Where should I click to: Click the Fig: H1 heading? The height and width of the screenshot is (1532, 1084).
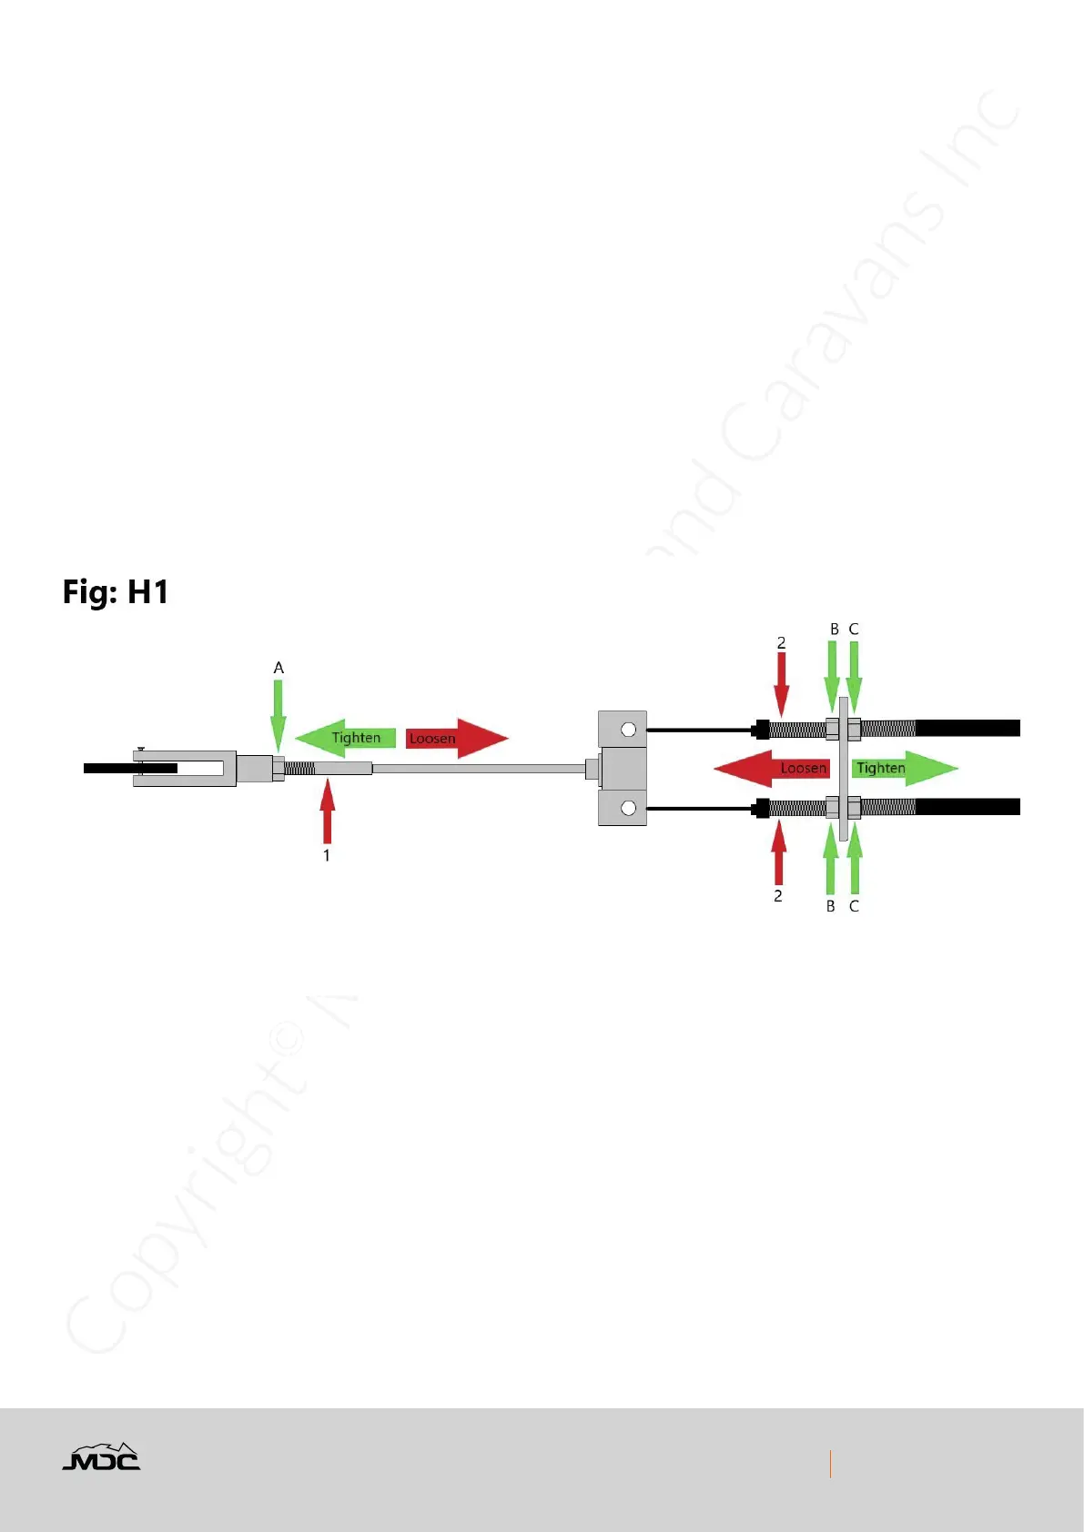click(116, 592)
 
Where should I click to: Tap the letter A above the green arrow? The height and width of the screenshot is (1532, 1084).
click(279, 668)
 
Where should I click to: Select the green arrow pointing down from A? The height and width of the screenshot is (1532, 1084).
click(279, 715)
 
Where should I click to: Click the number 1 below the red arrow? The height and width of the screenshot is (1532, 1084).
click(327, 855)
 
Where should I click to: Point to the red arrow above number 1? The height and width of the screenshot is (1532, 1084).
click(327, 812)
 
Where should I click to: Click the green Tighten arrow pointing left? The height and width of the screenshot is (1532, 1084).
click(347, 738)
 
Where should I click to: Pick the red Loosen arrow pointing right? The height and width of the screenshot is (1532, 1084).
click(455, 738)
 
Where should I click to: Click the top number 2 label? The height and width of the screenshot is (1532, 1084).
click(781, 643)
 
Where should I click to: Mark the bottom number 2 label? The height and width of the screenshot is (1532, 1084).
click(778, 896)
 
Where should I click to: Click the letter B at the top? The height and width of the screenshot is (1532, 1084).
click(834, 630)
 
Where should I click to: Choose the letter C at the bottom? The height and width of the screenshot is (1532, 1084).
click(854, 906)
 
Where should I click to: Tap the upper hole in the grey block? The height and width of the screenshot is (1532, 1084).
click(628, 730)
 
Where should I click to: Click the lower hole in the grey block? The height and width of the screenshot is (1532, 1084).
click(628, 808)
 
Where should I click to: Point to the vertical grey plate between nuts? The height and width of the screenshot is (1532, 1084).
click(844, 769)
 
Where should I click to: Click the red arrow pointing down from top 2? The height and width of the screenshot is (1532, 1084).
click(782, 682)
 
